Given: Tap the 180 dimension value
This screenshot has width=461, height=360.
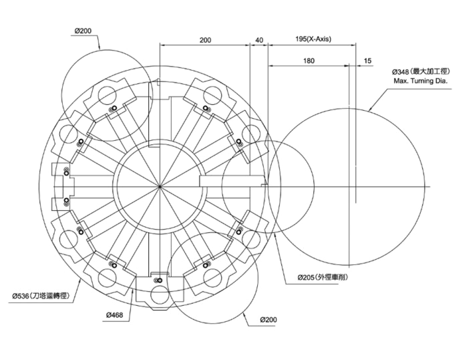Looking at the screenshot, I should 309,61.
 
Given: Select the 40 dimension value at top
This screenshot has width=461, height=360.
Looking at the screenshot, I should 259,40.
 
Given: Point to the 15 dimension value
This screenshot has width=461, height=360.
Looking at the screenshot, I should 368,61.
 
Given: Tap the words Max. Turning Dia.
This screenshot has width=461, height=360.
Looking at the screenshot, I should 420,81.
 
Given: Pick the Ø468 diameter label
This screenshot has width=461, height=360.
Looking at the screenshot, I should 114,315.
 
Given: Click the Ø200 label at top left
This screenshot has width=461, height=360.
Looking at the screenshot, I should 83,31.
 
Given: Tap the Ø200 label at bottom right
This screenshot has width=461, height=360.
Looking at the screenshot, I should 268,320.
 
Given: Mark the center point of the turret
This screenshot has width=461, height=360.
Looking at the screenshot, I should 160,187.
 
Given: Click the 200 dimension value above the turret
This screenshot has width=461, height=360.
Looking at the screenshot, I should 205,40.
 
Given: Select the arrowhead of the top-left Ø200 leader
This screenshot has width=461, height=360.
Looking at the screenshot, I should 100,49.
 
